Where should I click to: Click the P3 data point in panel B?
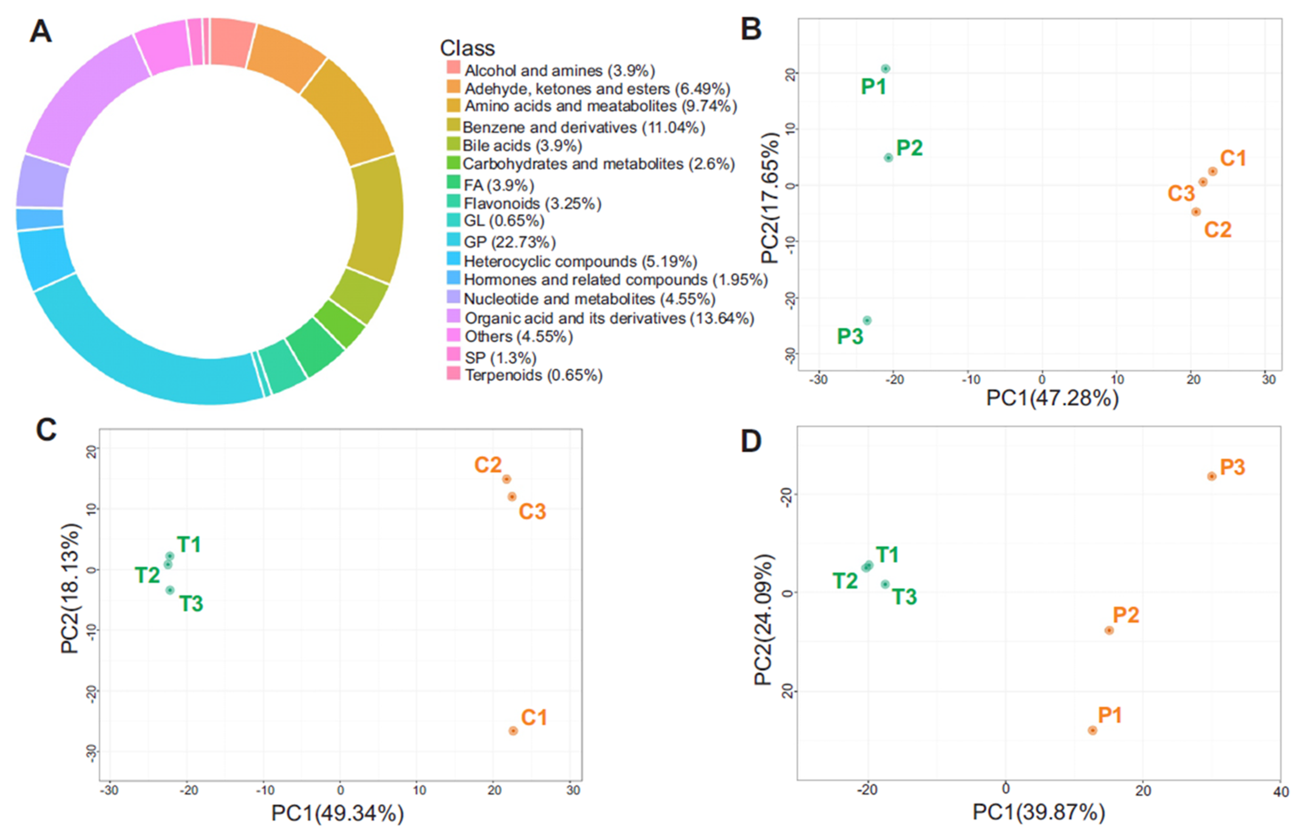tap(867, 321)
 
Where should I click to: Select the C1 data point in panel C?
tap(513, 731)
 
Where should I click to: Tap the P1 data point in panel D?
tap(1092, 731)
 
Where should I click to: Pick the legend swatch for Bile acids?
tap(453, 144)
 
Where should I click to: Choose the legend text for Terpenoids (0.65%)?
tap(534, 375)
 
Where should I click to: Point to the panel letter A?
tap(41, 31)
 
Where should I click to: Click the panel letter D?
tap(751, 441)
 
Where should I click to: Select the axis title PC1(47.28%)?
tap(1052, 398)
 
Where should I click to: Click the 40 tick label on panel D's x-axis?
tap(1280, 792)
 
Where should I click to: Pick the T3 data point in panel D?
tap(885, 584)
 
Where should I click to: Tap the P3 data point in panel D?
tap(1211, 476)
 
